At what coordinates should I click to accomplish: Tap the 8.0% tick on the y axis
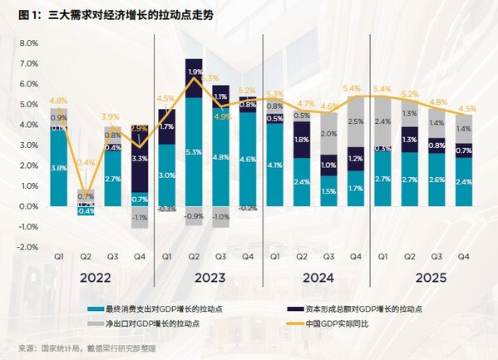pyautogui.click(x=28, y=43)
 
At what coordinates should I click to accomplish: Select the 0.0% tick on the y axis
pyautogui.click(x=28, y=206)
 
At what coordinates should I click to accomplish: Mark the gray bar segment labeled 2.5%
pyautogui.click(x=356, y=122)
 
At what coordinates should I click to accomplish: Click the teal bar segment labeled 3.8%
pyautogui.click(x=59, y=167)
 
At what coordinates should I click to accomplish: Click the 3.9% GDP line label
pyautogui.click(x=111, y=116)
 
